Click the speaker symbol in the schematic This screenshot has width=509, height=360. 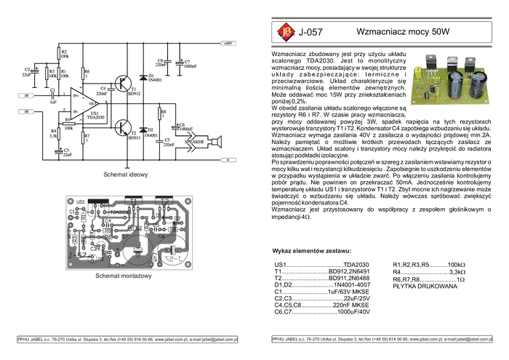pos(216,140)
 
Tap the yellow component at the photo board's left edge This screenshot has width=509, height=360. pos(417,71)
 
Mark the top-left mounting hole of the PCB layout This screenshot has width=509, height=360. pos(69,199)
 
